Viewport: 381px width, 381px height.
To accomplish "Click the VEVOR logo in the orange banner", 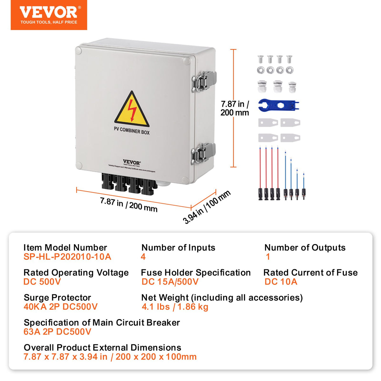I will (48, 12).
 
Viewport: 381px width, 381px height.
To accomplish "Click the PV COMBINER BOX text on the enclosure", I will (131, 130).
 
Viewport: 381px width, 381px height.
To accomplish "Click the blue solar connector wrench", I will (278, 105).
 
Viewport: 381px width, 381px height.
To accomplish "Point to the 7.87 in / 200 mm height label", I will (235, 108).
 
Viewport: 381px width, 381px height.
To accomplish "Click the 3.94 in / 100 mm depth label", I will (207, 207).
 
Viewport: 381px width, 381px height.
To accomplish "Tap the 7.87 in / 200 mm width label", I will (129, 204).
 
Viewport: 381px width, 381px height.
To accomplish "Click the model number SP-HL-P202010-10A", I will (67, 257).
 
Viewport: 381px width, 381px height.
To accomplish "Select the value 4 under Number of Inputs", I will (143, 257).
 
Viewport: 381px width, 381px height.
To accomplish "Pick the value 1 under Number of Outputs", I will (268, 257).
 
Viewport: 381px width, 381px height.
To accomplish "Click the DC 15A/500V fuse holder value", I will (170, 282).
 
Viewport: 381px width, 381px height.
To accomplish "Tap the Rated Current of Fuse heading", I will (311, 272).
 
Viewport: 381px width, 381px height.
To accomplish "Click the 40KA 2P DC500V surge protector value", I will (60, 307).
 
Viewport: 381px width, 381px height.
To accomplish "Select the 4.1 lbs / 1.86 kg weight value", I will (175, 307).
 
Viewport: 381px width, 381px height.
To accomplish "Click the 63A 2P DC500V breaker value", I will (57, 332).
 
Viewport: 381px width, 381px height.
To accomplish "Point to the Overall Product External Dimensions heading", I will (102, 347).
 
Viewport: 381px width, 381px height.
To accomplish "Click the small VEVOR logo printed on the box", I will (131, 162).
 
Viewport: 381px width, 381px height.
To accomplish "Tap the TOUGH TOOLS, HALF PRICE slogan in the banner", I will (49, 22).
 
